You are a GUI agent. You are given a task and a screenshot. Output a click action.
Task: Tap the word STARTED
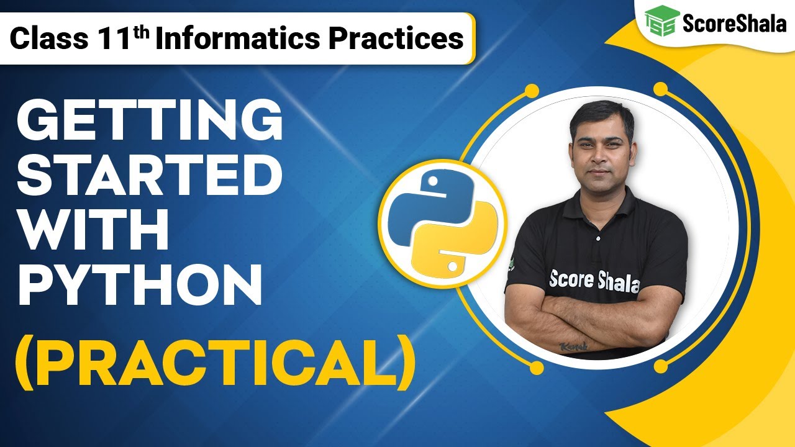149,176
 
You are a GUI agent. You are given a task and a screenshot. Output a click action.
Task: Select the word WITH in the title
93,231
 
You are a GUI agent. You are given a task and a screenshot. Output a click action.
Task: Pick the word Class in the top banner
49,39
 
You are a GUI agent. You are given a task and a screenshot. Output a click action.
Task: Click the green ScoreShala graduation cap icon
660,23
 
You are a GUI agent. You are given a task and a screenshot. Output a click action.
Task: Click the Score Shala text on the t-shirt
594,281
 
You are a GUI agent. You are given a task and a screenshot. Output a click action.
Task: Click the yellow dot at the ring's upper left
531,91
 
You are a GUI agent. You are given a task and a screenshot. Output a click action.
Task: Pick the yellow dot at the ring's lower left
537,368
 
